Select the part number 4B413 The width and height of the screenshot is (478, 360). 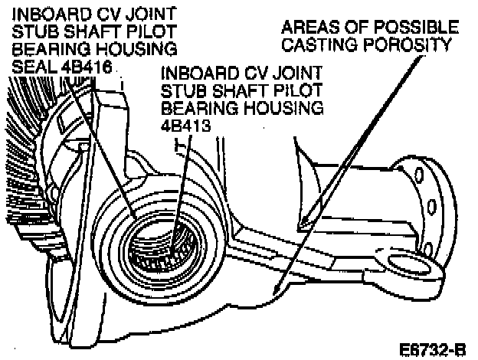click(181, 123)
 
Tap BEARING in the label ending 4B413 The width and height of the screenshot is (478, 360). click(192, 108)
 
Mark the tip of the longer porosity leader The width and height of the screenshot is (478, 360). click(273, 295)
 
